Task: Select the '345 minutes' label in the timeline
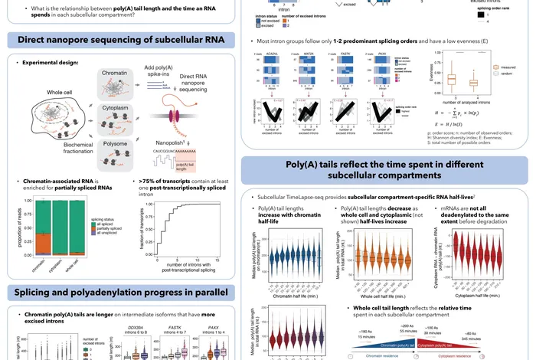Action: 502,333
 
